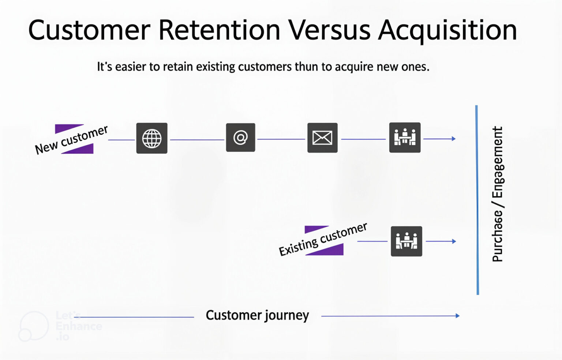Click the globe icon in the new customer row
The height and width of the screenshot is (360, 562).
[x=152, y=138]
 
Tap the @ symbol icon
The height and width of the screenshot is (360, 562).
[x=240, y=138]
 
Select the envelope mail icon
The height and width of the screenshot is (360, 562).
[x=322, y=138]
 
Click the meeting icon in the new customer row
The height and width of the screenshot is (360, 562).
[x=405, y=138]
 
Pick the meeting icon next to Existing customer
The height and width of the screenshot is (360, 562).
[x=406, y=241]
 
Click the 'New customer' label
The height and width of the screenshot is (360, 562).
[x=72, y=139]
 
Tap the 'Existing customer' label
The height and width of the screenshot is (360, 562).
[x=323, y=240]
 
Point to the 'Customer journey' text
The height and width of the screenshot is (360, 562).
[x=257, y=315]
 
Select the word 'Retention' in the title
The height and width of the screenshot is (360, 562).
[x=219, y=30]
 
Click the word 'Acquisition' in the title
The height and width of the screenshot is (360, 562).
[x=447, y=30]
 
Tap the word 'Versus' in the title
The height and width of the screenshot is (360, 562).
[x=330, y=30]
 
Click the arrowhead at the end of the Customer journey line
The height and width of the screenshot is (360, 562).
[x=457, y=316]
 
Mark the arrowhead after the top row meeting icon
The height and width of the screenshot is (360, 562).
[x=454, y=139]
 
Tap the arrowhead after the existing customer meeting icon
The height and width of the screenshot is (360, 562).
[x=454, y=241]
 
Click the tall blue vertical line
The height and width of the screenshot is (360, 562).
[x=477, y=200]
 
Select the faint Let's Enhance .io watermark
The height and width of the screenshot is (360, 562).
[x=60, y=326]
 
